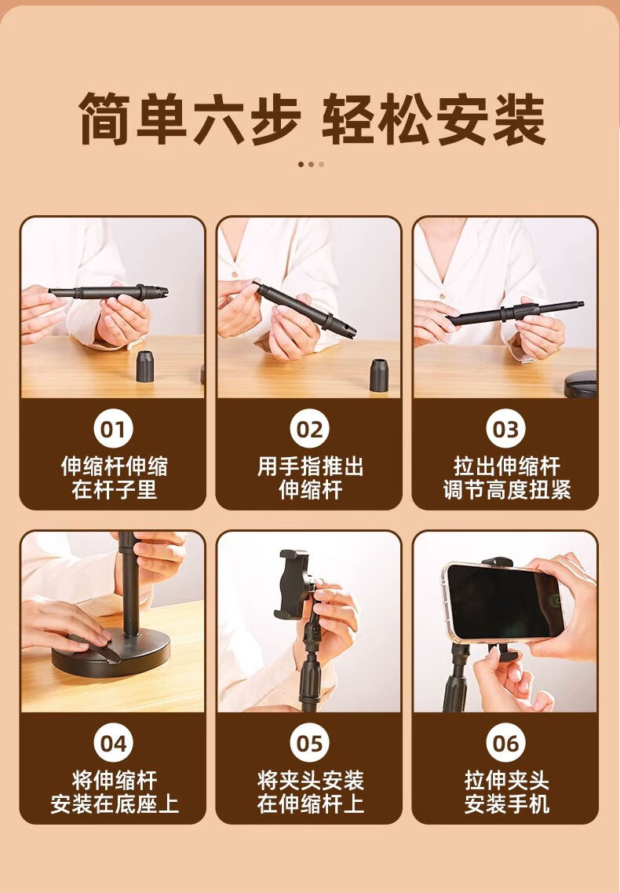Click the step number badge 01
tap(113, 429)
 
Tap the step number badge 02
tap(309, 429)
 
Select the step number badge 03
tap(505, 429)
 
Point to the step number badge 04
tap(113, 743)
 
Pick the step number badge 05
tap(309, 743)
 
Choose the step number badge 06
tap(505, 743)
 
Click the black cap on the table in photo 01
tap(145, 366)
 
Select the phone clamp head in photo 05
tap(294, 584)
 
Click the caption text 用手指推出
tap(310, 467)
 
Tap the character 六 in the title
tap(218, 119)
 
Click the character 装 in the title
tap(520, 119)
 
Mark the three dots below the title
tap(311, 165)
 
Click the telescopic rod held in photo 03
tap(516, 313)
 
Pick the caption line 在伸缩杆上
tap(310, 803)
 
